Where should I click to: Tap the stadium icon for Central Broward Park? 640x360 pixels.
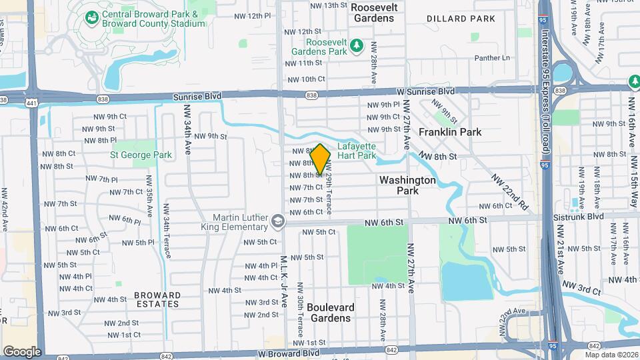90,18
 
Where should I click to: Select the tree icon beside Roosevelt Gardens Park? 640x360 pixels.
357,45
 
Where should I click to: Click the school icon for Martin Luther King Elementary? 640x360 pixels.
277,219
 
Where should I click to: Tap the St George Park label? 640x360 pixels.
141,155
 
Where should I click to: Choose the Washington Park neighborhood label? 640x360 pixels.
407,185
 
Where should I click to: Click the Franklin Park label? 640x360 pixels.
450,132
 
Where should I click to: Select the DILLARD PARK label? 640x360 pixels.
461,19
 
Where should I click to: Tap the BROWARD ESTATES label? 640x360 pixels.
157,299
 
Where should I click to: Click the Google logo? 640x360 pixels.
22,351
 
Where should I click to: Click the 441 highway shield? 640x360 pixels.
31,103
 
